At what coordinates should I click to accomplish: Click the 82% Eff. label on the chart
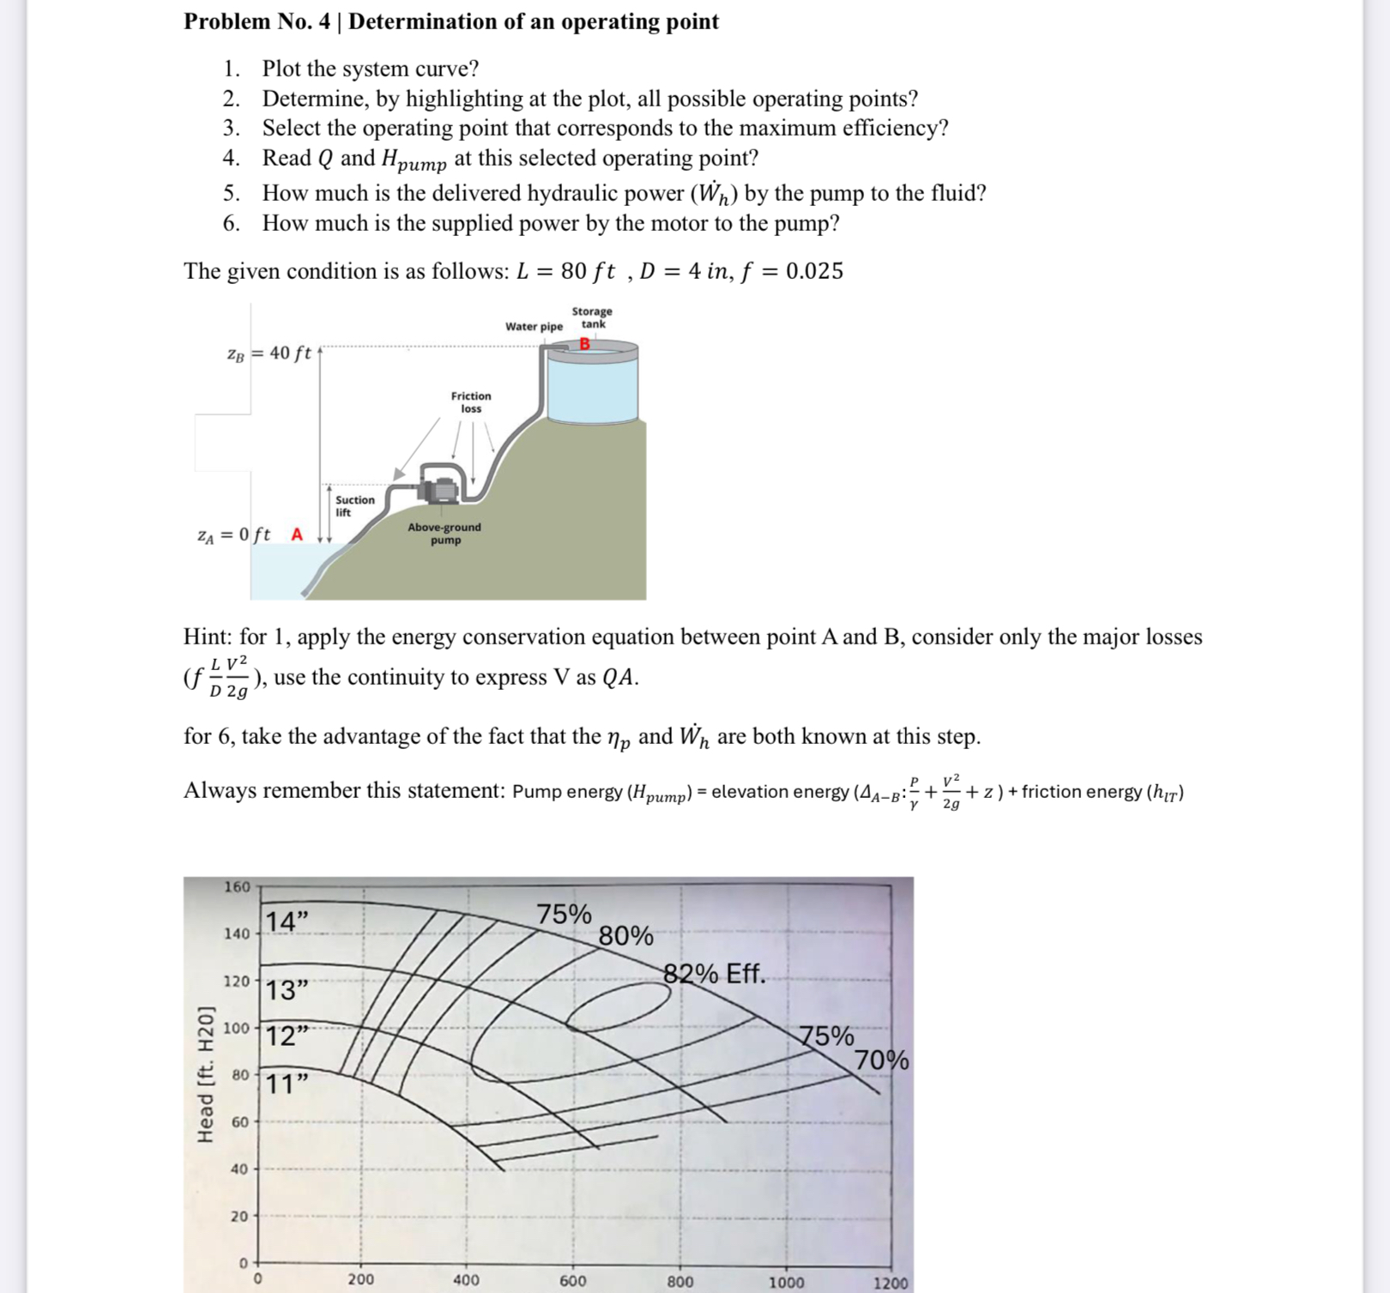point(714,974)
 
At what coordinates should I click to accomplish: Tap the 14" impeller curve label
point(287,922)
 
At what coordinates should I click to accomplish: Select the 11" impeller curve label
point(287,1085)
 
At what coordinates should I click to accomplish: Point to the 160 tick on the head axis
point(237,887)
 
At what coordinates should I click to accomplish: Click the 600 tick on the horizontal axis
point(572,1281)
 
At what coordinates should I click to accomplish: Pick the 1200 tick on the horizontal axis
point(891,1283)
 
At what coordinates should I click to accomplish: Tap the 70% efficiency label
point(882,1061)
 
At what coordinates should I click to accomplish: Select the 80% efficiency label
point(625,936)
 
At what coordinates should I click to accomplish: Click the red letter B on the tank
point(585,344)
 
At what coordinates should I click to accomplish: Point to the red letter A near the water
point(297,535)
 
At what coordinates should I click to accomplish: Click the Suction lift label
point(354,506)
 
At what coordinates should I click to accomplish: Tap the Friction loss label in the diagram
point(471,402)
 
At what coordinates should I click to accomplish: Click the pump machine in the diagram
point(439,487)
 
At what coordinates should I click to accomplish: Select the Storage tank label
point(592,317)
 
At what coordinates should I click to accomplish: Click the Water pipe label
point(534,326)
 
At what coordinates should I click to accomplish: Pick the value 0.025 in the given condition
point(814,271)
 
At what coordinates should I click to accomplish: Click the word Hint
point(207,637)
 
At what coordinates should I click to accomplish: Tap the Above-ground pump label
point(444,533)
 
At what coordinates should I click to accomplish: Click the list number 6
point(231,223)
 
